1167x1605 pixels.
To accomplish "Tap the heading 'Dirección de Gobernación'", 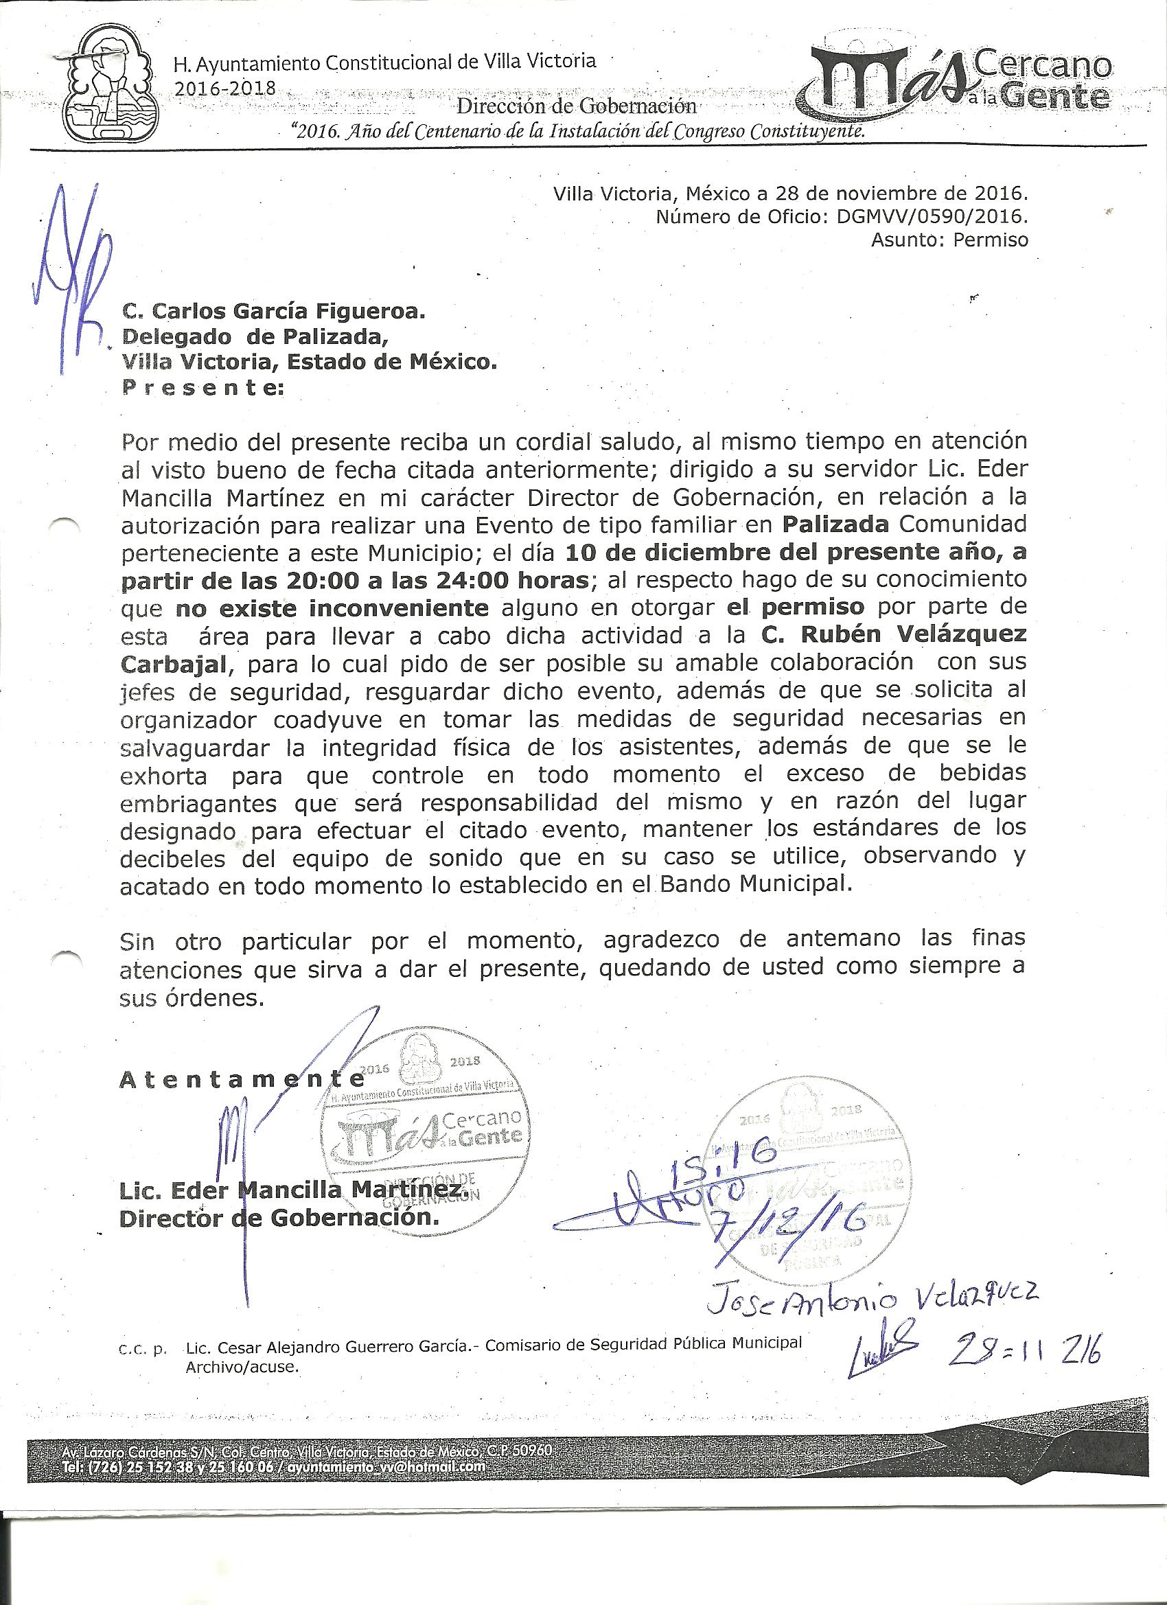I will point(576,107).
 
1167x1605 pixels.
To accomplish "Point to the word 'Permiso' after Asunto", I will point(990,240).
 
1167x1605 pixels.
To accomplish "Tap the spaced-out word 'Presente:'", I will point(202,388).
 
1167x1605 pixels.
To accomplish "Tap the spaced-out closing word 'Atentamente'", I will point(241,1079).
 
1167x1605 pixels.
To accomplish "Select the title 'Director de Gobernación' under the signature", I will point(279,1218).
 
